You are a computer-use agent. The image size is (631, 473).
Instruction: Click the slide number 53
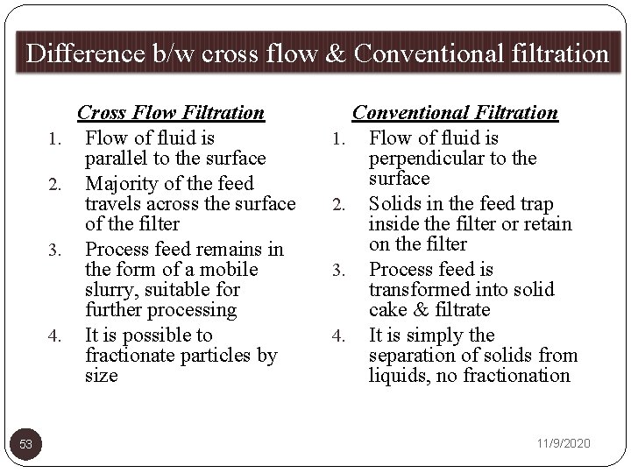pyautogui.click(x=26, y=445)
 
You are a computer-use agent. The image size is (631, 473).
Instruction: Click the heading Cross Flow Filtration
pyautogui.click(x=171, y=112)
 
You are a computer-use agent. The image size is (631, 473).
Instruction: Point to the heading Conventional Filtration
pyautogui.click(x=455, y=112)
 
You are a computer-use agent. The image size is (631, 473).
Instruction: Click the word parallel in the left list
pyautogui.click(x=115, y=159)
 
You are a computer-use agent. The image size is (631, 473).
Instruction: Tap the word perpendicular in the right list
pyautogui.click(x=426, y=159)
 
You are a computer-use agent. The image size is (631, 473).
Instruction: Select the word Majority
pyautogui.click(x=122, y=183)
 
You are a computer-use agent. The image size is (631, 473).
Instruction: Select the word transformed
pyautogui.click(x=422, y=290)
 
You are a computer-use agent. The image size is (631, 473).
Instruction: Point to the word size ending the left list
pyautogui.click(x=101, y=376)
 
